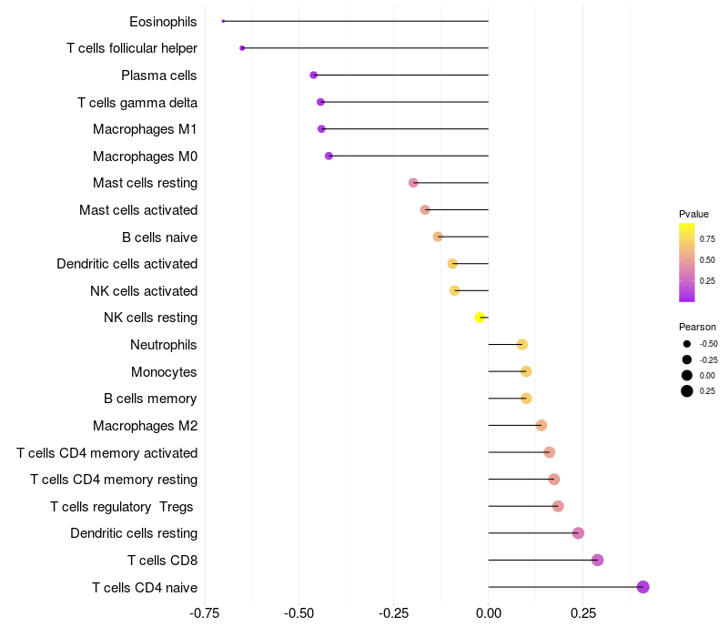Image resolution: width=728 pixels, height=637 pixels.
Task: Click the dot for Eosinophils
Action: [x=223, y=21]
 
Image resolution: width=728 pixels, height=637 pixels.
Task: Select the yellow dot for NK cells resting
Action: [x=480, y=318]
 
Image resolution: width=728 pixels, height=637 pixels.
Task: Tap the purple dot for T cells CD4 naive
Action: [x=642, y=587]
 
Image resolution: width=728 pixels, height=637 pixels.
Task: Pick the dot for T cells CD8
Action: [x=597, y=560]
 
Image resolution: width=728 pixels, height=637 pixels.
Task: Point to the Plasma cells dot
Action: [x=314, y=75]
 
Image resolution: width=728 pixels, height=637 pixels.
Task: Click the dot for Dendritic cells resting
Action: [x=578, y=533]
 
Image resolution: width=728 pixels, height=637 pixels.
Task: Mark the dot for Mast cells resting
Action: [x=413, y=183]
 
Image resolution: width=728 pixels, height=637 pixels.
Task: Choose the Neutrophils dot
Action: [x=521, y=345]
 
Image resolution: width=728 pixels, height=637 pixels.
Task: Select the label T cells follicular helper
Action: [x=132, y=48]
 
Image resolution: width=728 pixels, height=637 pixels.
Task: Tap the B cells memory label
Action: [x=151, y=399]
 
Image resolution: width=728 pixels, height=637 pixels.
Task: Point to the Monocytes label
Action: [x=164, y=372]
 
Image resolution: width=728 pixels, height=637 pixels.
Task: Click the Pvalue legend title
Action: [x=693, y=214]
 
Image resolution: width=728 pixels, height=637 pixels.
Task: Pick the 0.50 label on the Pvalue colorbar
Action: [x=707, y=260]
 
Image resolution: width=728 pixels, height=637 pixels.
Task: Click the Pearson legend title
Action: [x=697, y=327]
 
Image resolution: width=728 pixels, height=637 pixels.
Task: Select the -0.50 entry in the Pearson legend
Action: [x=708, y=344]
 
